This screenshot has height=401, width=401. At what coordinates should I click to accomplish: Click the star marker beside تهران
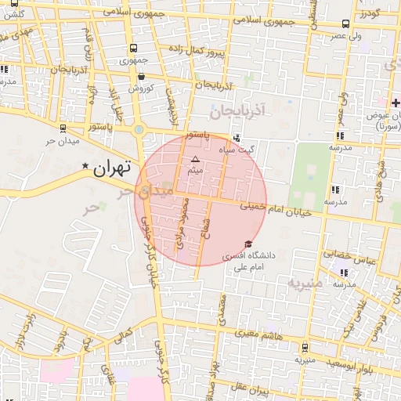click(85, 166)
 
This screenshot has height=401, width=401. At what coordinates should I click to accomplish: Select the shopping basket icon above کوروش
click(141, 77)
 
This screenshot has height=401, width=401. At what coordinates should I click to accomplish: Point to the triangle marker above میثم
click(196, 159)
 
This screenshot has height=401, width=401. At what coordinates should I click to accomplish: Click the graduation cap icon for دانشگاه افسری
click(249, 244)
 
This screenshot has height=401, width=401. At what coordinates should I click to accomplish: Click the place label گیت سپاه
click(242, 149)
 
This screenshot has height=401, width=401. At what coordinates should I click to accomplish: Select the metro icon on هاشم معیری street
click(305, 348)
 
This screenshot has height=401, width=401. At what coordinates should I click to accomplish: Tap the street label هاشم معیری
click(251, 334)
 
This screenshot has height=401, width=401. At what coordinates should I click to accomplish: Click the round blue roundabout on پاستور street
click(139, 129)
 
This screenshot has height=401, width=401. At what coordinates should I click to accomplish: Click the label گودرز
click(382, 13)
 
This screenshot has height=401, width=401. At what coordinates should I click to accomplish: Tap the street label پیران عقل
click(254, 388)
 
